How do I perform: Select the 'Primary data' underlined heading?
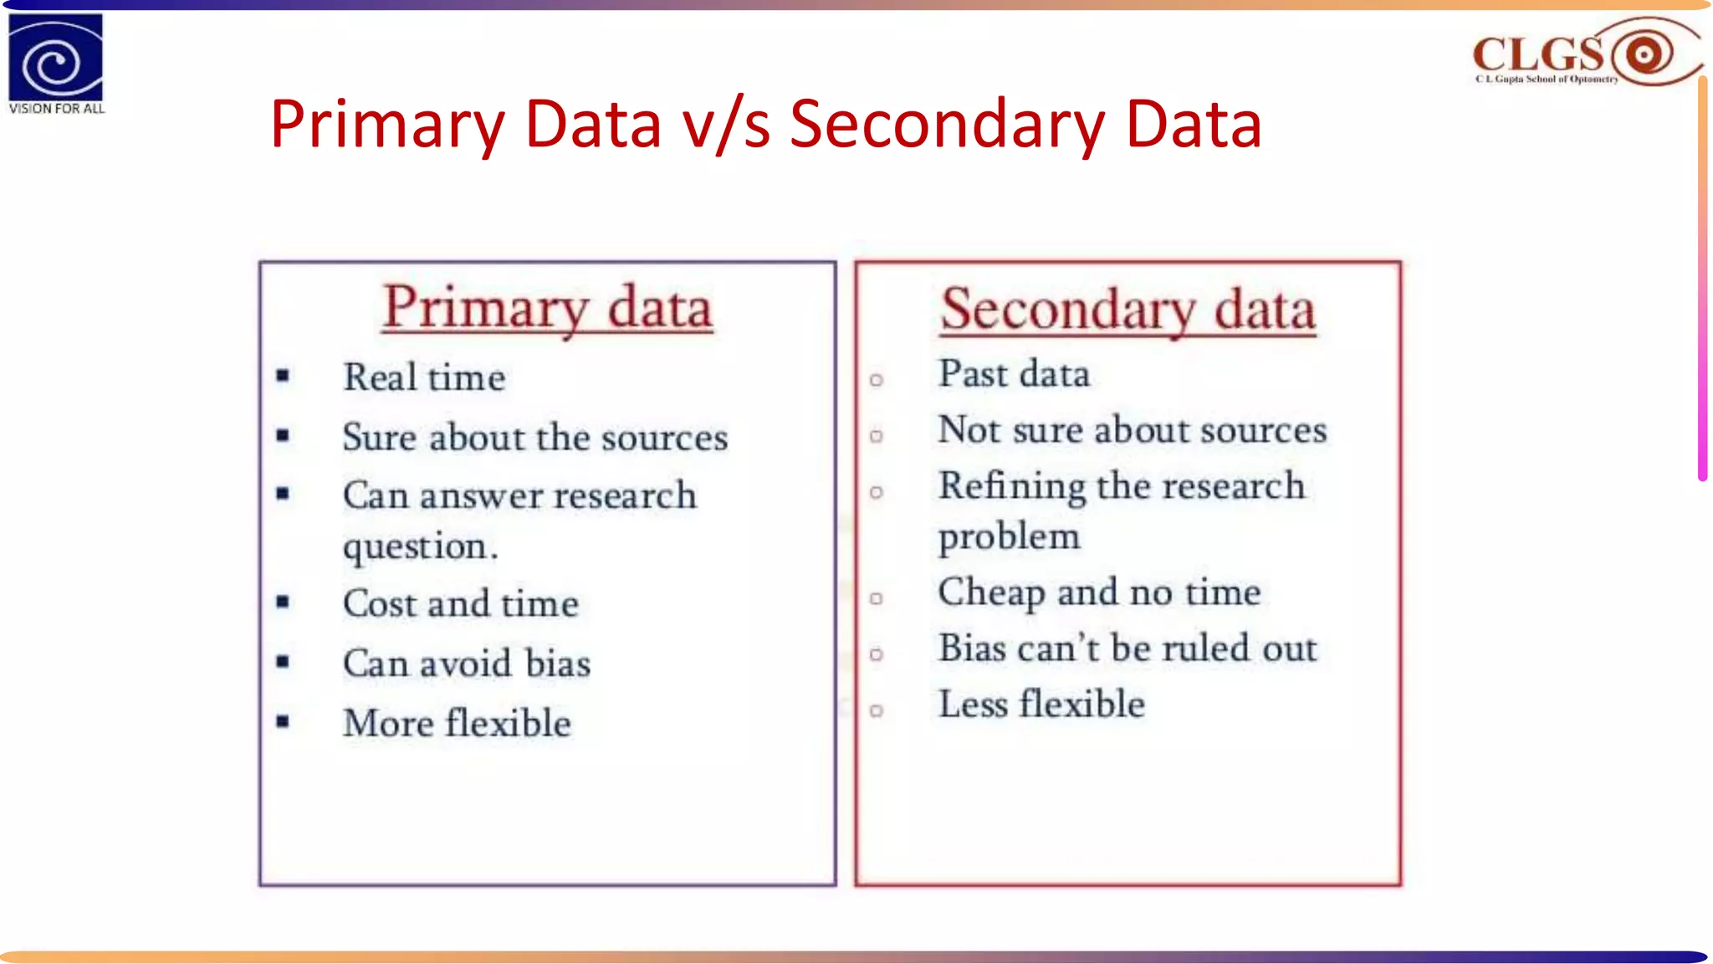(547, 308)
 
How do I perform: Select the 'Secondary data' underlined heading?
(1128, 310)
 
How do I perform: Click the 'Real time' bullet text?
(424, 377)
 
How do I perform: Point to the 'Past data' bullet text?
(1014, 374)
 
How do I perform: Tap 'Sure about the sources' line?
(535, 438)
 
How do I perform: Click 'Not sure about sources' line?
(1132, 430)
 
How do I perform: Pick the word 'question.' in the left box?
(421, 546)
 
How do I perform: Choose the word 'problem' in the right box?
(1009, 536)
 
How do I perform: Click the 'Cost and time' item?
(461, 604)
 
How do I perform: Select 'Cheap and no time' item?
(1099, 592)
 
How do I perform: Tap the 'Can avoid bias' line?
(467, 664)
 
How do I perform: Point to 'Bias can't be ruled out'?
(1127, 649)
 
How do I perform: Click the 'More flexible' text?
(457, 723)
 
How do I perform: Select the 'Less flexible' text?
(1041, 705)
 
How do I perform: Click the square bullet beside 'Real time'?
(283, 376)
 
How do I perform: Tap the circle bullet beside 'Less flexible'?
(876, 710)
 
